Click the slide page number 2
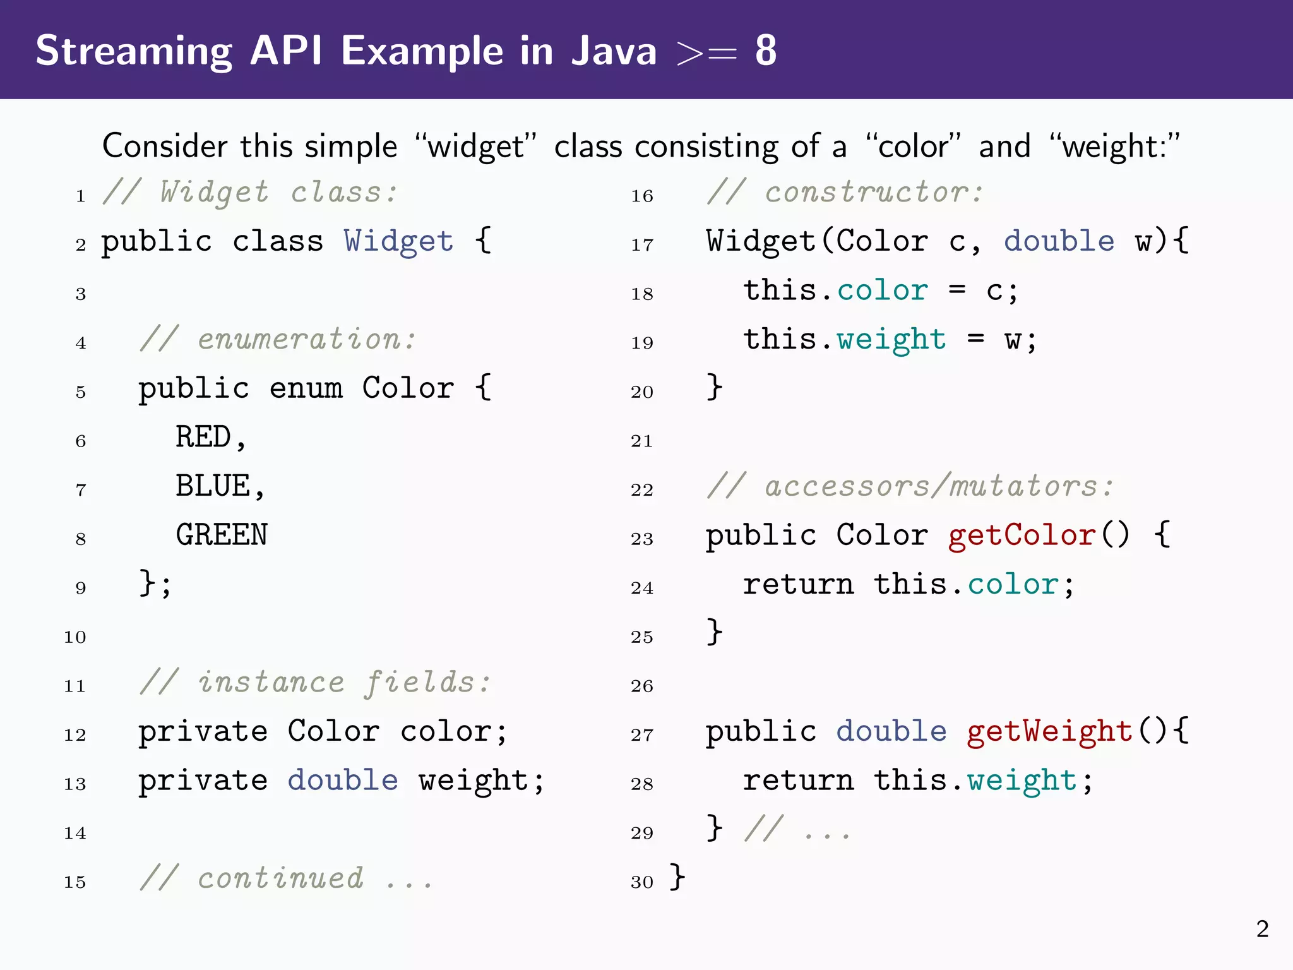click(x=1262, y=929)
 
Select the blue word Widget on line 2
click(x=398, y=241)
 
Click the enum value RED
click(x=203, y=437)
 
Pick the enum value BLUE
click(x=213, y=486)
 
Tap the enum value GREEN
click(x=222, y=535)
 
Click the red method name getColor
click(x=1022, y=536)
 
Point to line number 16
click(x=641, y=196)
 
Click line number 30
click(x=641, y=882)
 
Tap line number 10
click(x=74, y=637)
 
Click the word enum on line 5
click(x=306, y=388)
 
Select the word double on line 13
click(x=343, y=781)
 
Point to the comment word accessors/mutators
click(x=931, y=486)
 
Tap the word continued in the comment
click(x=280, y=878)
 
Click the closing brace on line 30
click(x=677, y=877)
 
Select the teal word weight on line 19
click(x=891, y=340)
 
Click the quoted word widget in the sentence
click(x=476, y=147)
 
